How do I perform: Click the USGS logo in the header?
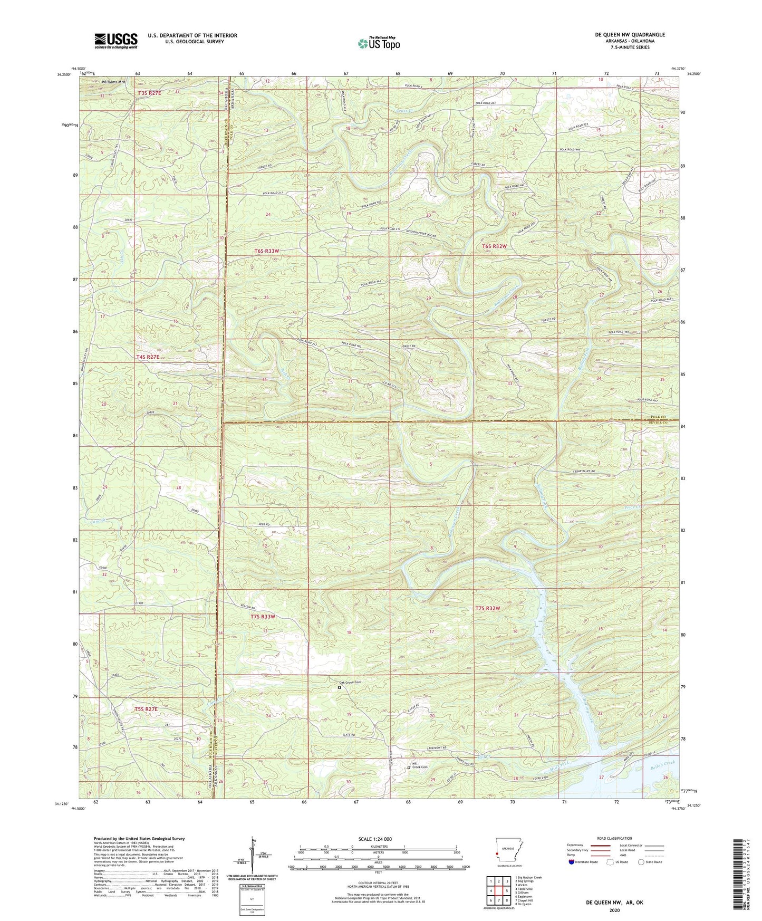pos(116,41)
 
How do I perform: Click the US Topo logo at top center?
pos(379,43)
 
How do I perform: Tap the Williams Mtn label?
pos(114,82)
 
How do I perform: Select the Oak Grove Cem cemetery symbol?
pos(340,688)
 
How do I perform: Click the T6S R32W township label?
pos(494,246)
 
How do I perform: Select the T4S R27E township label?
pos(148,357)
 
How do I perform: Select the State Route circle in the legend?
pos(641,862)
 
